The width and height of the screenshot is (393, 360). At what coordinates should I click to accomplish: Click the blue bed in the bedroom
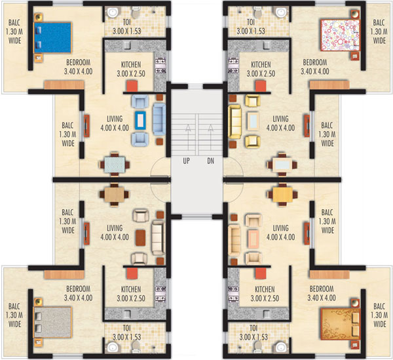[x=52, y=37]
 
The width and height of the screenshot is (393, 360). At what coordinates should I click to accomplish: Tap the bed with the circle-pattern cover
[x=341, y=35]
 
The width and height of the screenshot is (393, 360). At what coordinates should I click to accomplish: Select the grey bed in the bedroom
[x=52, y=323]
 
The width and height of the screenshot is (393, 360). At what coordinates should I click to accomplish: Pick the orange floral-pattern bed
[x=341, y=325]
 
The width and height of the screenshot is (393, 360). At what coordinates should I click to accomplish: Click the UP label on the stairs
[x=186, y=161]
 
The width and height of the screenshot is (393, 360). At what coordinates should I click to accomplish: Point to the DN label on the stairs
[x=210, y=161]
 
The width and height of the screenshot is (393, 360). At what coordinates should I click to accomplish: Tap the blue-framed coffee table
[x=140, y=121]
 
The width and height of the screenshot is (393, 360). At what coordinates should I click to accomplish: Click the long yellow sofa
[x=234, y=122]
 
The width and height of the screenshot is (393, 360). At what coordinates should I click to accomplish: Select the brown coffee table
[x=140, y=237]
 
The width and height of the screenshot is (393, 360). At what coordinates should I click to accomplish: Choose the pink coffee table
[x=253, y=237]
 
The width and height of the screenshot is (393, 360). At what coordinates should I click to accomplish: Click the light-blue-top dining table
[x=115, y=165]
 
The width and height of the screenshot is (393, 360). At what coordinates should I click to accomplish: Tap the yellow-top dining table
[x=282, y=195]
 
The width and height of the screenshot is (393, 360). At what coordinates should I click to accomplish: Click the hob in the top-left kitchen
[x=160, y=66]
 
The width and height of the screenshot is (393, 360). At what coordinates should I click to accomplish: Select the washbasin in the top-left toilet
[x=112, y=12]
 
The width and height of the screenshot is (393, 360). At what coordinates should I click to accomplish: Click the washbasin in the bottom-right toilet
[x=281, y=348]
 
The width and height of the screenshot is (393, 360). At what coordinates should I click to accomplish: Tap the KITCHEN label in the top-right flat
[x=261, y=65]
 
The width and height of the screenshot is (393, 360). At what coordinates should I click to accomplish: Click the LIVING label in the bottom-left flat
[x=115, y=228]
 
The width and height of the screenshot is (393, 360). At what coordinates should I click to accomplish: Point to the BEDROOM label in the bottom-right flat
[x=322, y=289]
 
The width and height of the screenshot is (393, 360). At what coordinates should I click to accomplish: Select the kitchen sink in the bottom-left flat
[x=127, y=314]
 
